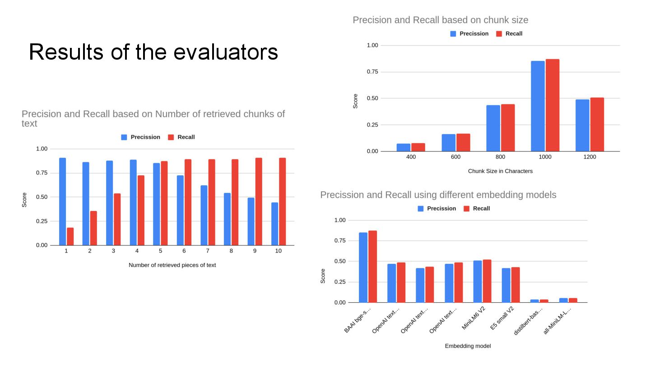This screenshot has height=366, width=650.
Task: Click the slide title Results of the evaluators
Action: pos(153,52)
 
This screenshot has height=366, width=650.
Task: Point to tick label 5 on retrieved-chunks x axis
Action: pos(160,251)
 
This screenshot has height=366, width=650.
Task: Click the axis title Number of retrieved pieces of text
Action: pos(172,265)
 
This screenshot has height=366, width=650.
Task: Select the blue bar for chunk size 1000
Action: pos(538,106)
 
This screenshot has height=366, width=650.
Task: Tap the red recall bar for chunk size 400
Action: pos(418,147)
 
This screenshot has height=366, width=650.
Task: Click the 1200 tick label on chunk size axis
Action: pos(590,157)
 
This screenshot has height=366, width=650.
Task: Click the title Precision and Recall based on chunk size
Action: pos(440,20)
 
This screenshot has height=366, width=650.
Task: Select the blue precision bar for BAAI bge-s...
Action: pos(363,267)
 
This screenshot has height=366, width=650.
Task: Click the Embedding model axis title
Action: pos(468,346)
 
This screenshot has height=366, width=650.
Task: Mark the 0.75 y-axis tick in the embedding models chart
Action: pos(339,241)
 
